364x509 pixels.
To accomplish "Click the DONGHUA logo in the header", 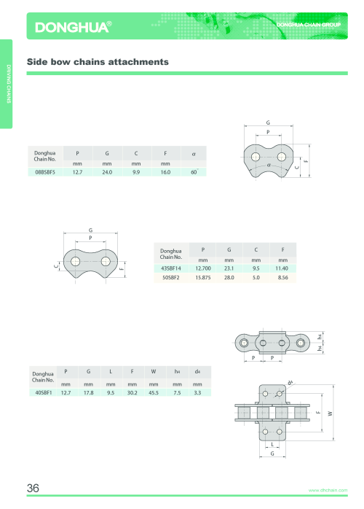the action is [x=74, y=27].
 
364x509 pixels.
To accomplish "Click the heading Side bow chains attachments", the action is [x=98, y=62].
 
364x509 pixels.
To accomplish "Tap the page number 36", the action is [x=33, y=488].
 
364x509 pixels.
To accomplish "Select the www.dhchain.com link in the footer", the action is [x=328, y=490].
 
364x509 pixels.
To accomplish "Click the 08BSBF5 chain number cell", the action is [x=45, y=172].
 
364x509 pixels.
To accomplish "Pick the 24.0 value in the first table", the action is [x=107, y=172].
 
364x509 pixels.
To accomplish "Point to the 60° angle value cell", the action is [x=194, y=172].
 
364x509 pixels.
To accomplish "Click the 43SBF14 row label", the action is [x=171, y=268].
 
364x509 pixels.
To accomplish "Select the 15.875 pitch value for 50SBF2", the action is [x=203, y=278].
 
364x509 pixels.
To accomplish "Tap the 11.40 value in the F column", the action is [x=282, y=268].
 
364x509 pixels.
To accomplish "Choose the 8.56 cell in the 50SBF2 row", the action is [x=282, y=278].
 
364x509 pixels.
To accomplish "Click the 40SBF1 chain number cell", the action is [x=44, y=392].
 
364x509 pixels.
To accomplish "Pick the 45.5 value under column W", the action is [x=154, y=392].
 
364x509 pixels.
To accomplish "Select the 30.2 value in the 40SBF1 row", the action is [x=132, y=392].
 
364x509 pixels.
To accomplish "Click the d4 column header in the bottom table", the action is [x=197, y=371].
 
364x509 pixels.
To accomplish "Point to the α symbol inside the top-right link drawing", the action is [x=269, y=165].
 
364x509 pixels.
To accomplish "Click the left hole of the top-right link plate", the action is [x=256, y=157].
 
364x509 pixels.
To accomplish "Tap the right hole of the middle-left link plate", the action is [x=106, y=261].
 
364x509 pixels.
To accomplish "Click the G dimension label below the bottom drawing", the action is [x=272, y=454].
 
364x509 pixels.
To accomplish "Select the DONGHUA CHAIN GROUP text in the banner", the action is [x=308, y=25].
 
